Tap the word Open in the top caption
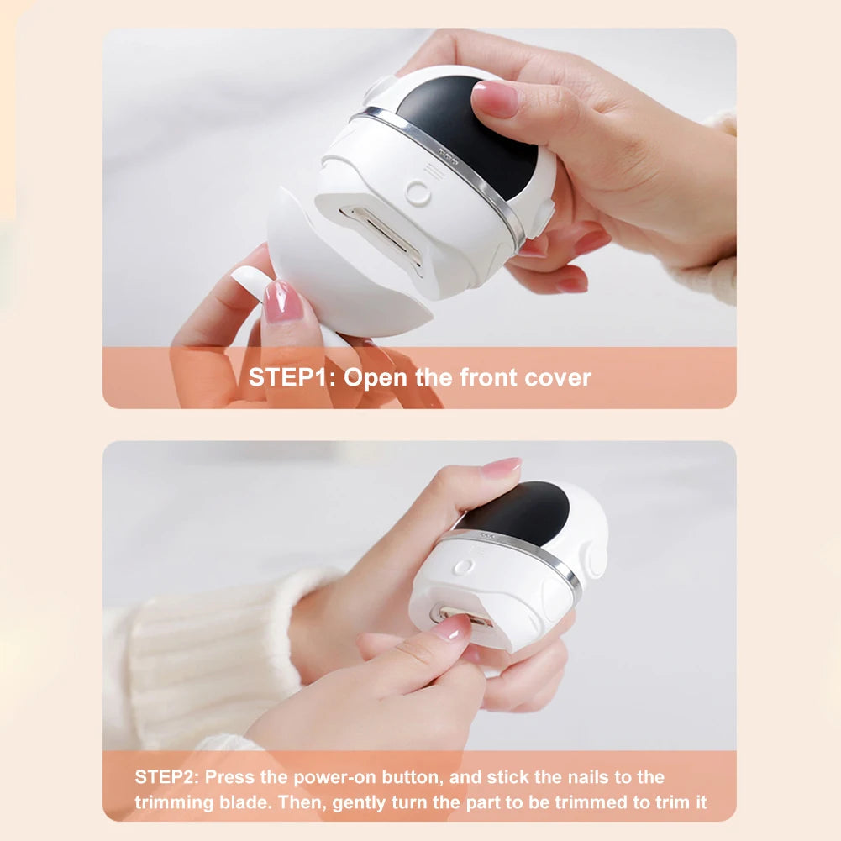tap(376, 377)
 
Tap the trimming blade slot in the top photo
tap(382, 236)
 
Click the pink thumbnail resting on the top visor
tap(497, 99)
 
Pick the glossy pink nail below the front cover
tap(282, 302)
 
